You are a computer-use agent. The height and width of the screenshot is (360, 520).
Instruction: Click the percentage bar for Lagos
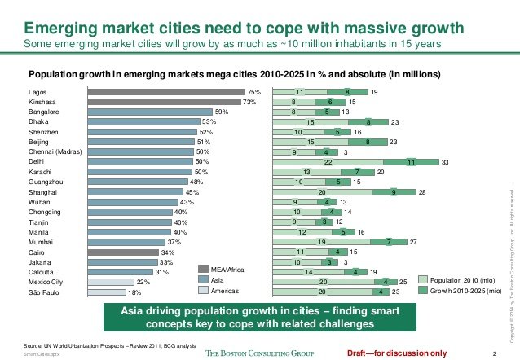[x=166, y=92]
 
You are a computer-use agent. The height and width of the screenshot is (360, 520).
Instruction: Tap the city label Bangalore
[x=46, y=112]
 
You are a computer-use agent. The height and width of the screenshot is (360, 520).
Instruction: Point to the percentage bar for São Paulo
[x=107, y=291]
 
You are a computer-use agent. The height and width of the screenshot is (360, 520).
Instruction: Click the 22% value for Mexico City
[x=140, y=281]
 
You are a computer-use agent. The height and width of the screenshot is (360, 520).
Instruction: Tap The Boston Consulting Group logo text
[x=258, y=353]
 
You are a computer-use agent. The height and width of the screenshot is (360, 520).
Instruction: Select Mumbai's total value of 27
[x=413, y=241]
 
